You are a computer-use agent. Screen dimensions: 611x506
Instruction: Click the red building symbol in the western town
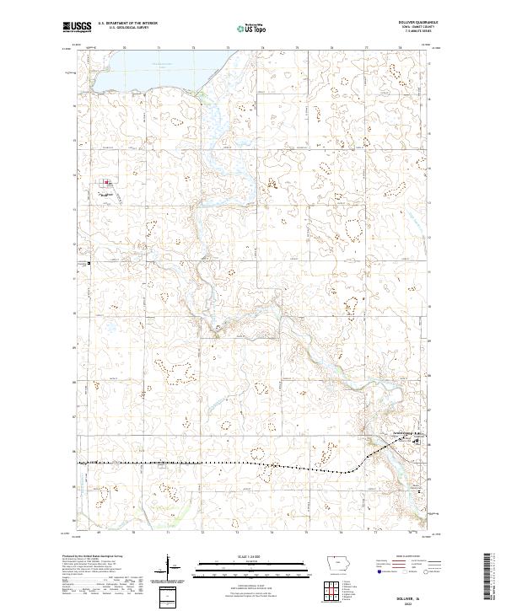pos(106,182)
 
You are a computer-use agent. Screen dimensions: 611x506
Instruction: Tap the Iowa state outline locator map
pos(336,565)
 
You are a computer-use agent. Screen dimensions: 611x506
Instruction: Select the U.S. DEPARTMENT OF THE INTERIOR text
pos(127,23)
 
